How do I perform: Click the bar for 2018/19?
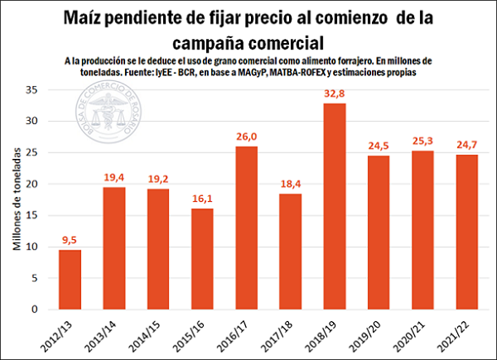click(x=335, y=207)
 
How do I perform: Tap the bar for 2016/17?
click(x=245, y=228)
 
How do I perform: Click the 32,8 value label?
click(x=335, y=94)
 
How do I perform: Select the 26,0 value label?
click(x=245, y=137)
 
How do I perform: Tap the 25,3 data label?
click(x=422, y=141)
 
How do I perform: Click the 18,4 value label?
click(x=290, y=184)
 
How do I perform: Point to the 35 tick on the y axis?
click(x=33, y=89)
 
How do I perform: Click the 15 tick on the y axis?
click(x=33, y=215)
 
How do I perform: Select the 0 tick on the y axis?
click(x=36, y=310)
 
